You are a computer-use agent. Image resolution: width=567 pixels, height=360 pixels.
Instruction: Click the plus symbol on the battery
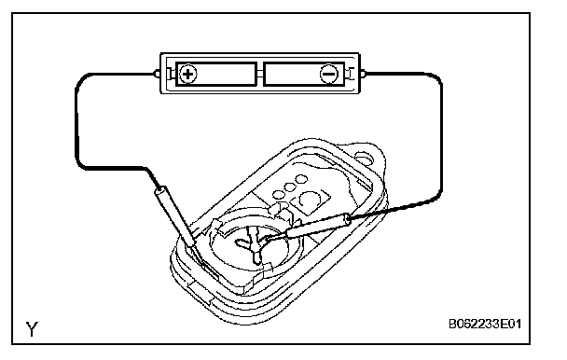(x=188, y=75)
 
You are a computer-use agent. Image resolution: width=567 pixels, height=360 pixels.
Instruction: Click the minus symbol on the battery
(x=328, y=74)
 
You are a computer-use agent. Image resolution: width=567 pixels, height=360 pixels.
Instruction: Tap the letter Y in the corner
(x=32, y=329)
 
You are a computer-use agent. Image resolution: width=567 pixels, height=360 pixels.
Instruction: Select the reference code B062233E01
(x=485, y=324)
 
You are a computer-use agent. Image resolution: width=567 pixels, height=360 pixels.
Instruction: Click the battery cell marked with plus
(x=216, y=75)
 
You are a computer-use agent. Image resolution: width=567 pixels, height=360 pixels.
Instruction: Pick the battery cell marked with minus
(x=304, y=75)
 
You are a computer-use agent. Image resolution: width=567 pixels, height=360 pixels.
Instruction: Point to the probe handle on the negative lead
(x=318, y=227)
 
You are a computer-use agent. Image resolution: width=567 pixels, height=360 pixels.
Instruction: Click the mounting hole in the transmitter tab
(x=364, y=158)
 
